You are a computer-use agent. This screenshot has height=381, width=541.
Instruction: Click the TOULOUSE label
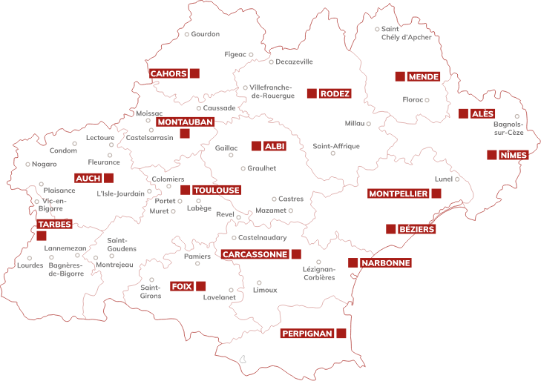(217, 190)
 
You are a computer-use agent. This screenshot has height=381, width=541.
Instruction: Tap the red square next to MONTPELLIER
(436, 193)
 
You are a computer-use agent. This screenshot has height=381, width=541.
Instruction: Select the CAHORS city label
(168, 73)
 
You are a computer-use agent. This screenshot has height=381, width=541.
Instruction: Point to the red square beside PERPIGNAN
(341, 334)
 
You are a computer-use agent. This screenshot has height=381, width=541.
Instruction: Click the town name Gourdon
(206, 34)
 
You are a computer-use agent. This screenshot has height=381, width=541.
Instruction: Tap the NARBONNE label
(385, 263)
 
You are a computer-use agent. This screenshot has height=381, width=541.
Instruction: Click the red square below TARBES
(41, 236)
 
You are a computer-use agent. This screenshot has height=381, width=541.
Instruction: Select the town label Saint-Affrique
(335, 146)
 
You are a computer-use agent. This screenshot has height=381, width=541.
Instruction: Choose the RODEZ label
(335, 93)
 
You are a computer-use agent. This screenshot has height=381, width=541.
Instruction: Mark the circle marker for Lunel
(457, 179)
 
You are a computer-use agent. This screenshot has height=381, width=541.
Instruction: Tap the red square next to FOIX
(200, 286)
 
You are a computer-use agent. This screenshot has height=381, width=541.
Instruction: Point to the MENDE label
(424, 76)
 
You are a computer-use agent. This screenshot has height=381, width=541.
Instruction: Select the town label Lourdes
(30, 265)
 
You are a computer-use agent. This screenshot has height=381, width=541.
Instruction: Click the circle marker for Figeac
(251, 54)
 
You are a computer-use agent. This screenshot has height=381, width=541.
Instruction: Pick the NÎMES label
(514, 155)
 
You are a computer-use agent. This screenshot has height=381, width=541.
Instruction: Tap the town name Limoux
(265, 290)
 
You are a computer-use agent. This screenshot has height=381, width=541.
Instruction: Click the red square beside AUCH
(109, 178)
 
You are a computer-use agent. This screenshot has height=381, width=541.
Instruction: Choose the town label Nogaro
(44, 164)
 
